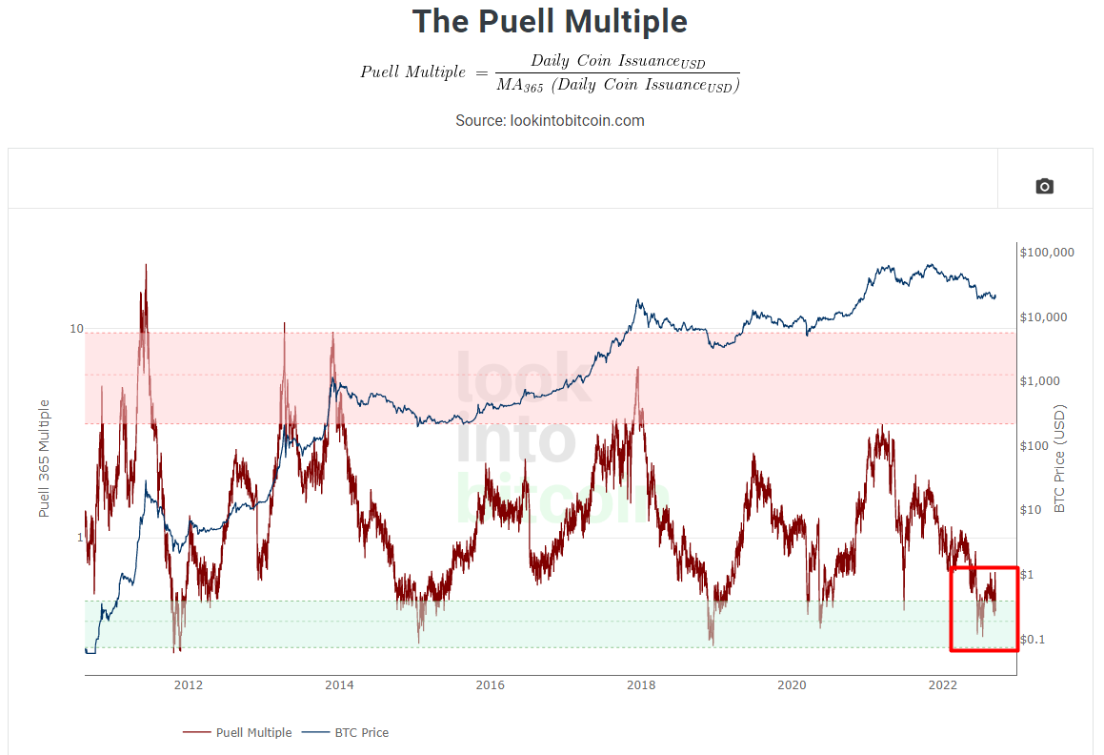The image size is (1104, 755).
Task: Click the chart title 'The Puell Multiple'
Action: click(x=550, y=21)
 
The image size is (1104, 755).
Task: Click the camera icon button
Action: click(x=1044, y=186)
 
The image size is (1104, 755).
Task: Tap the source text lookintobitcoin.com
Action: click(x=550, y=120)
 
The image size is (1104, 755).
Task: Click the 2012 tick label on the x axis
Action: click(x=189, y=685)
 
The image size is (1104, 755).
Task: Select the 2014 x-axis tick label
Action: click(x=339, y=685)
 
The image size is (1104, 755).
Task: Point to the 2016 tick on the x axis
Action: click(x=490, y=685)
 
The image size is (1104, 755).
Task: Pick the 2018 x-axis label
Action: click(x=641, y=685)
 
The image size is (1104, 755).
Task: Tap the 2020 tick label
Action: click(x=792, y=685)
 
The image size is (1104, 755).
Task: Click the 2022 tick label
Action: click(x=942, y=685)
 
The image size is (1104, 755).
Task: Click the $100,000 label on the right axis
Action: click(x=1047, y=253)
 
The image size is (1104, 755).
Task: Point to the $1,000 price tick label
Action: click(x=1041, y=381)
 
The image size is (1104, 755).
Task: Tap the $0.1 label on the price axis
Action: click(x=1034, y=639)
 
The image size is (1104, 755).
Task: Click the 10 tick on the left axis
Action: click(x=76, y=329)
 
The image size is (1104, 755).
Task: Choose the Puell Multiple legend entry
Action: click(x=238, y=733)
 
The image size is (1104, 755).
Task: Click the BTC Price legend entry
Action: click(x=347, y=733)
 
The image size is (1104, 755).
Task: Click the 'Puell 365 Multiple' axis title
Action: click(x=44, y=459)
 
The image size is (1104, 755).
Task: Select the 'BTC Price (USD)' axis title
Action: click(x=1059, y=459)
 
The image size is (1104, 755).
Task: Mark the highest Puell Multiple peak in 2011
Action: click(x=146, y=265)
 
